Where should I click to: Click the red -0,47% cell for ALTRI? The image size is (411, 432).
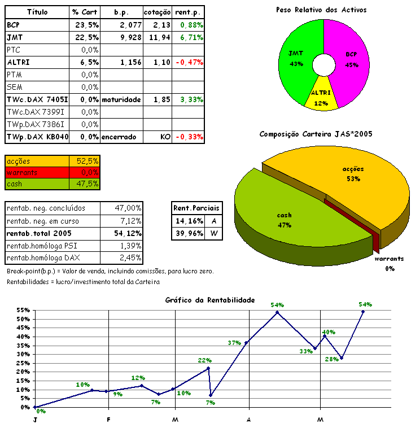click(x=189, y=62)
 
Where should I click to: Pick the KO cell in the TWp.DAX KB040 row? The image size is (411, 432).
click(x=166, y=137)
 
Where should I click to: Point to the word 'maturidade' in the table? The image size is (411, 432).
click(x=121, y=99)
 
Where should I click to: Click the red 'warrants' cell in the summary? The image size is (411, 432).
click(x=37, y=172)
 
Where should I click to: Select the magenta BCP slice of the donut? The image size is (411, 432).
click(x=352, y=59)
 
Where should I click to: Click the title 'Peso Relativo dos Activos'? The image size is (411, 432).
click(x=321, y=10)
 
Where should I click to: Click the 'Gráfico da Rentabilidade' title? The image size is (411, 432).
click(x=210, y=300)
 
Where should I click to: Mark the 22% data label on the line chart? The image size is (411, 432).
click(x=204, y=360)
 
